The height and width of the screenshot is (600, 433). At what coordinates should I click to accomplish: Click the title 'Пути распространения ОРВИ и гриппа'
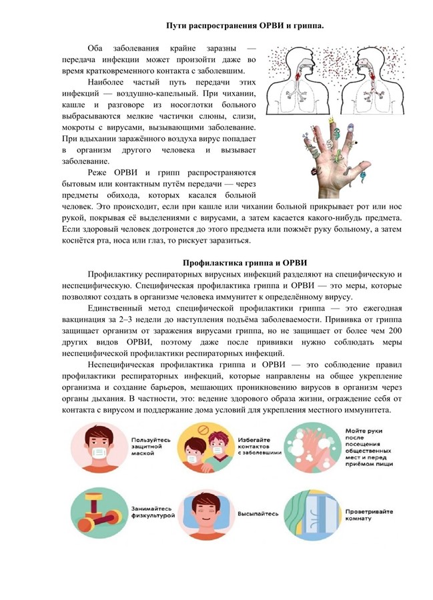[x=245, y=25]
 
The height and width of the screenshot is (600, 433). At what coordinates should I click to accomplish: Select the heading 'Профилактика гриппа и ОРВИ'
[x=245, y=263]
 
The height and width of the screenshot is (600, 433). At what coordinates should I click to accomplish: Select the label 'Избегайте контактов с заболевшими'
[x=259, y=445]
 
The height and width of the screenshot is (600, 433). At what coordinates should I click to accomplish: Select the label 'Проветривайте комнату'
[x=369, y=515]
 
